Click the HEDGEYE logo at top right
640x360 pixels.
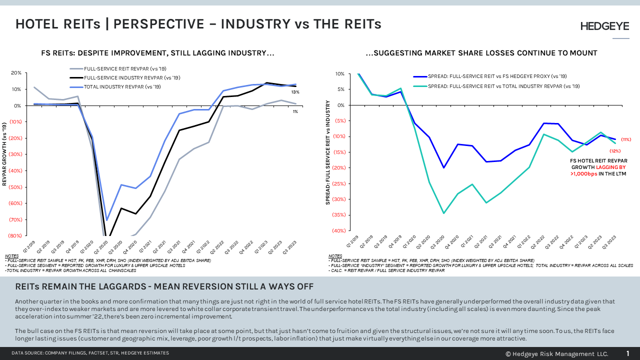pos(604,26)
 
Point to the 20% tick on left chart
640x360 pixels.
pos(16,73)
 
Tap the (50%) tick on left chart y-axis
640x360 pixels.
pos(15,187)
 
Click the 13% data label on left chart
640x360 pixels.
pos(295,92)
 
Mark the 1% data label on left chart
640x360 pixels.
pos(295,111)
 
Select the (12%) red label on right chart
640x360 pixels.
pos(614,151)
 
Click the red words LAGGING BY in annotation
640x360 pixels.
pos(610,167)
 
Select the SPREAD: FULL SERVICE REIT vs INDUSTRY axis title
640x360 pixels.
pos(328,152)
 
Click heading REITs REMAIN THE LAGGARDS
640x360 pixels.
pos(164,286)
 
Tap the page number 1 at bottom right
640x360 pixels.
pos(628,353)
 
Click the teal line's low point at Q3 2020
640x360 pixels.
pos(443,213)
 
